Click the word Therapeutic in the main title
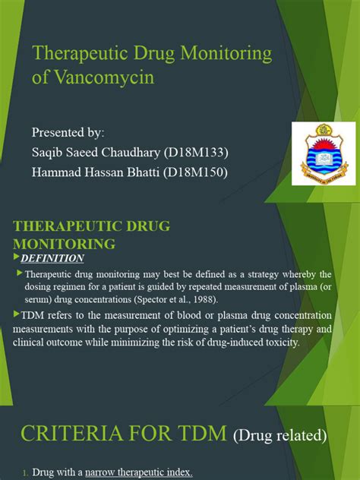click(x=81, y=54)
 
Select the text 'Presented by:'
click(x=67, y=133)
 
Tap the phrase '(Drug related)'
click(x=280, y=436)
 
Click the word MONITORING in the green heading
click(x=65, y=244)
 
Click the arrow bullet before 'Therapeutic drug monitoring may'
click(x=20, y=273)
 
